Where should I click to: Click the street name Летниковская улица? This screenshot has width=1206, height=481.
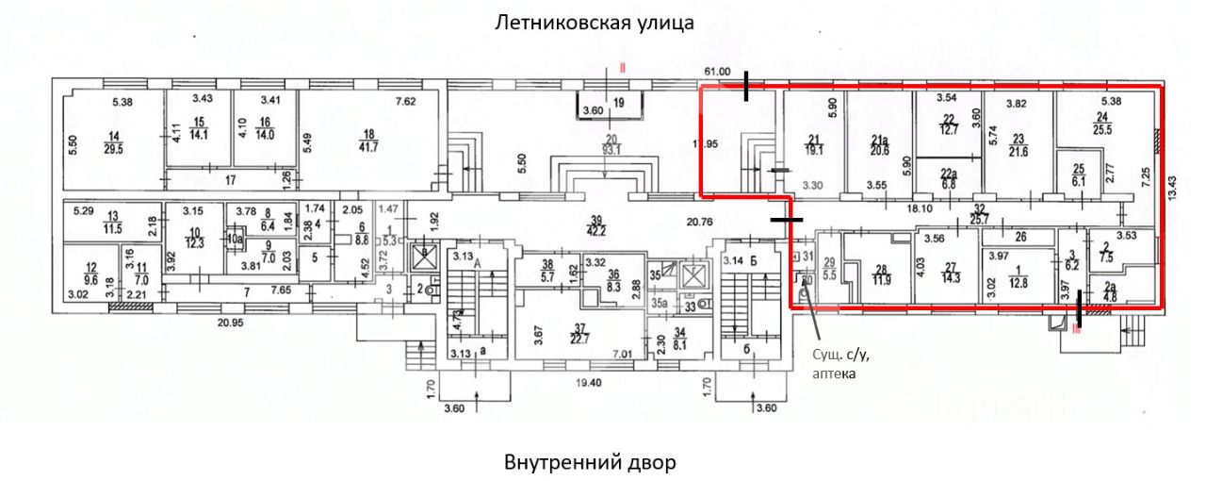[x=595, y=23]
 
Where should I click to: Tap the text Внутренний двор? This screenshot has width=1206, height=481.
[x=590, y=463]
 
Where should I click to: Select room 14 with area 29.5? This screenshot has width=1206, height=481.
[x=116, y=138]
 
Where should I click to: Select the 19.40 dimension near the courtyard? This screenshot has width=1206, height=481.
[x=592, y=384]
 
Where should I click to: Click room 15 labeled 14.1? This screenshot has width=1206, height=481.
[x=198, y=127]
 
